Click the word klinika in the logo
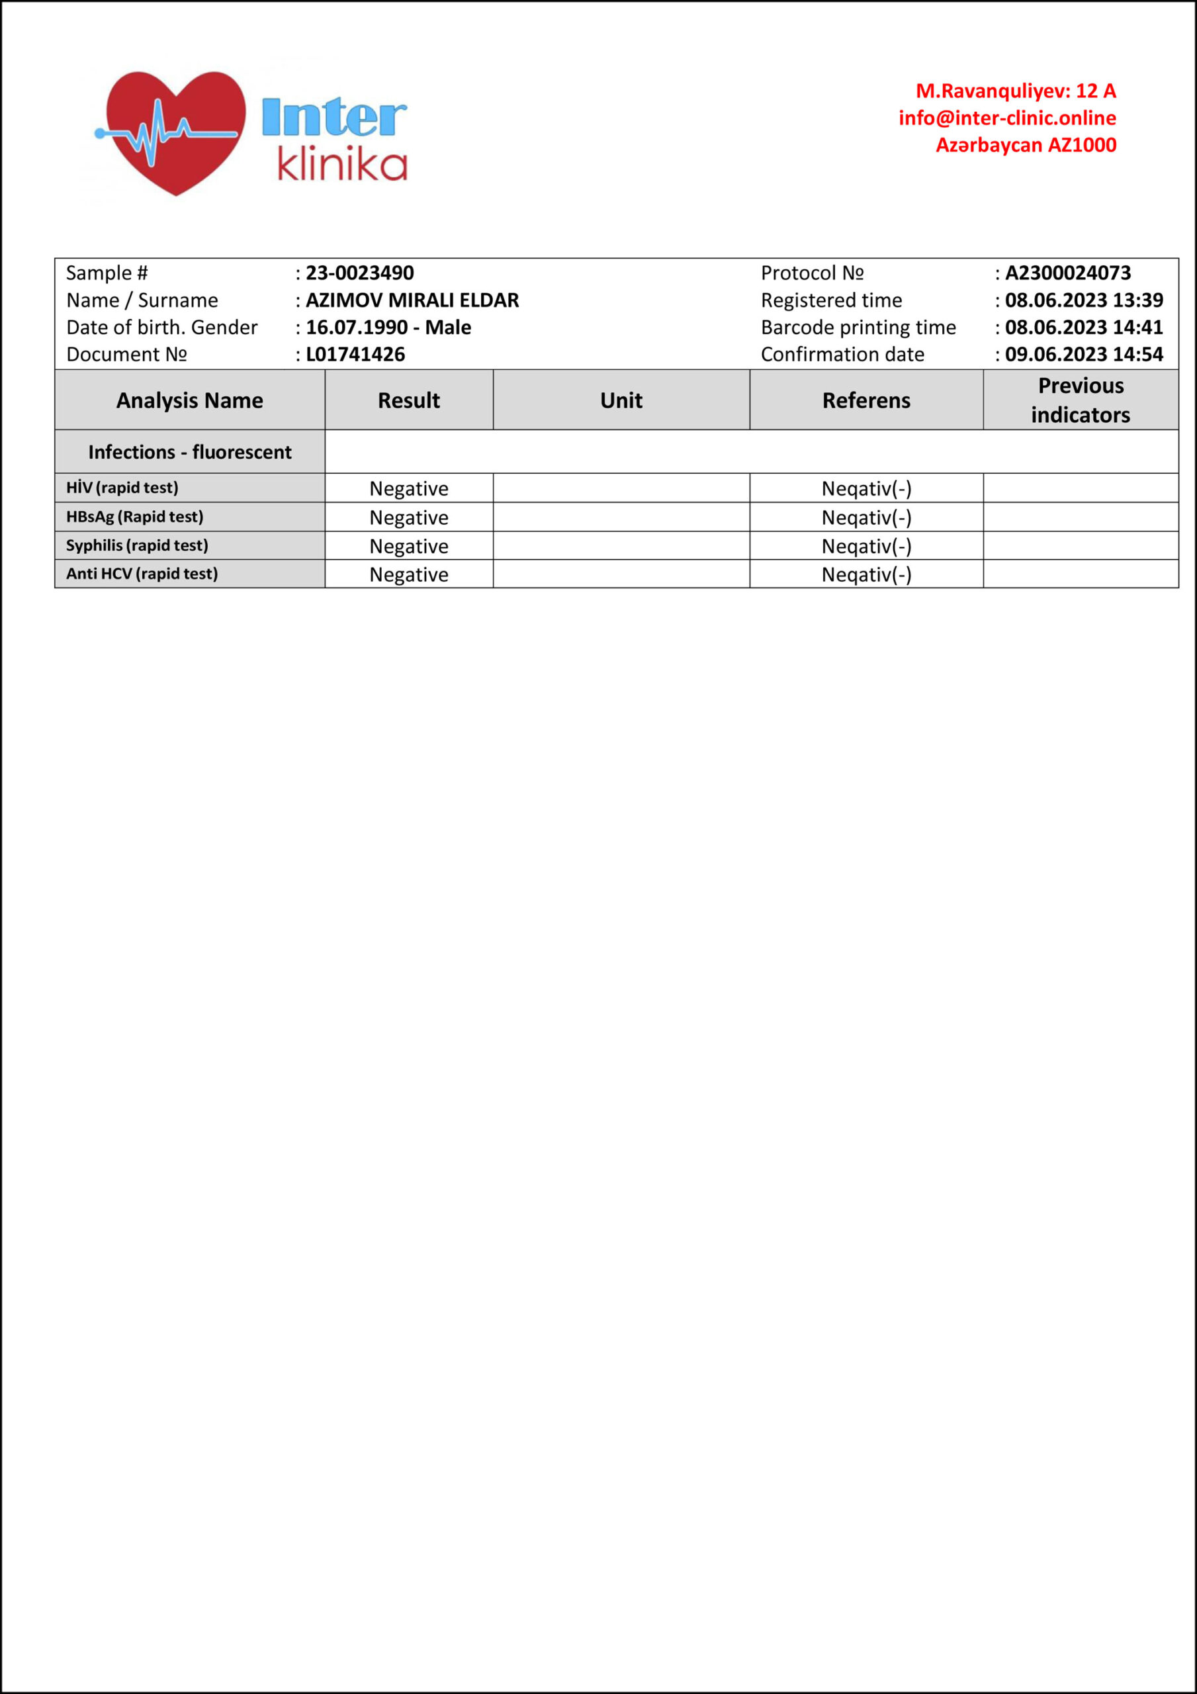coord(341,165)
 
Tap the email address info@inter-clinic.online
coord(1006,118)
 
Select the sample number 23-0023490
coord(359,273)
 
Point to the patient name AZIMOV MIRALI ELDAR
coord(412,300)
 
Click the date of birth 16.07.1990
coord(357,328)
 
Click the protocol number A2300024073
coord(1067,273)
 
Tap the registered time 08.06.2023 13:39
coord(1083,300)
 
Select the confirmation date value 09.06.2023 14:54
coord(1083,355)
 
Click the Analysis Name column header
coord(190,400)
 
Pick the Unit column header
coord(621,400)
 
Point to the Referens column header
coord(865,400)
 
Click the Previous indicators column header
coord(1081,400)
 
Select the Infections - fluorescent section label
coord(190,452)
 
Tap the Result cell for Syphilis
coord(409,547)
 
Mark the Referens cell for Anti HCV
coord(865,575)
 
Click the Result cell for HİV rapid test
coord(409,489)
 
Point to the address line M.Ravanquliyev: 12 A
coord(1016,91)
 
